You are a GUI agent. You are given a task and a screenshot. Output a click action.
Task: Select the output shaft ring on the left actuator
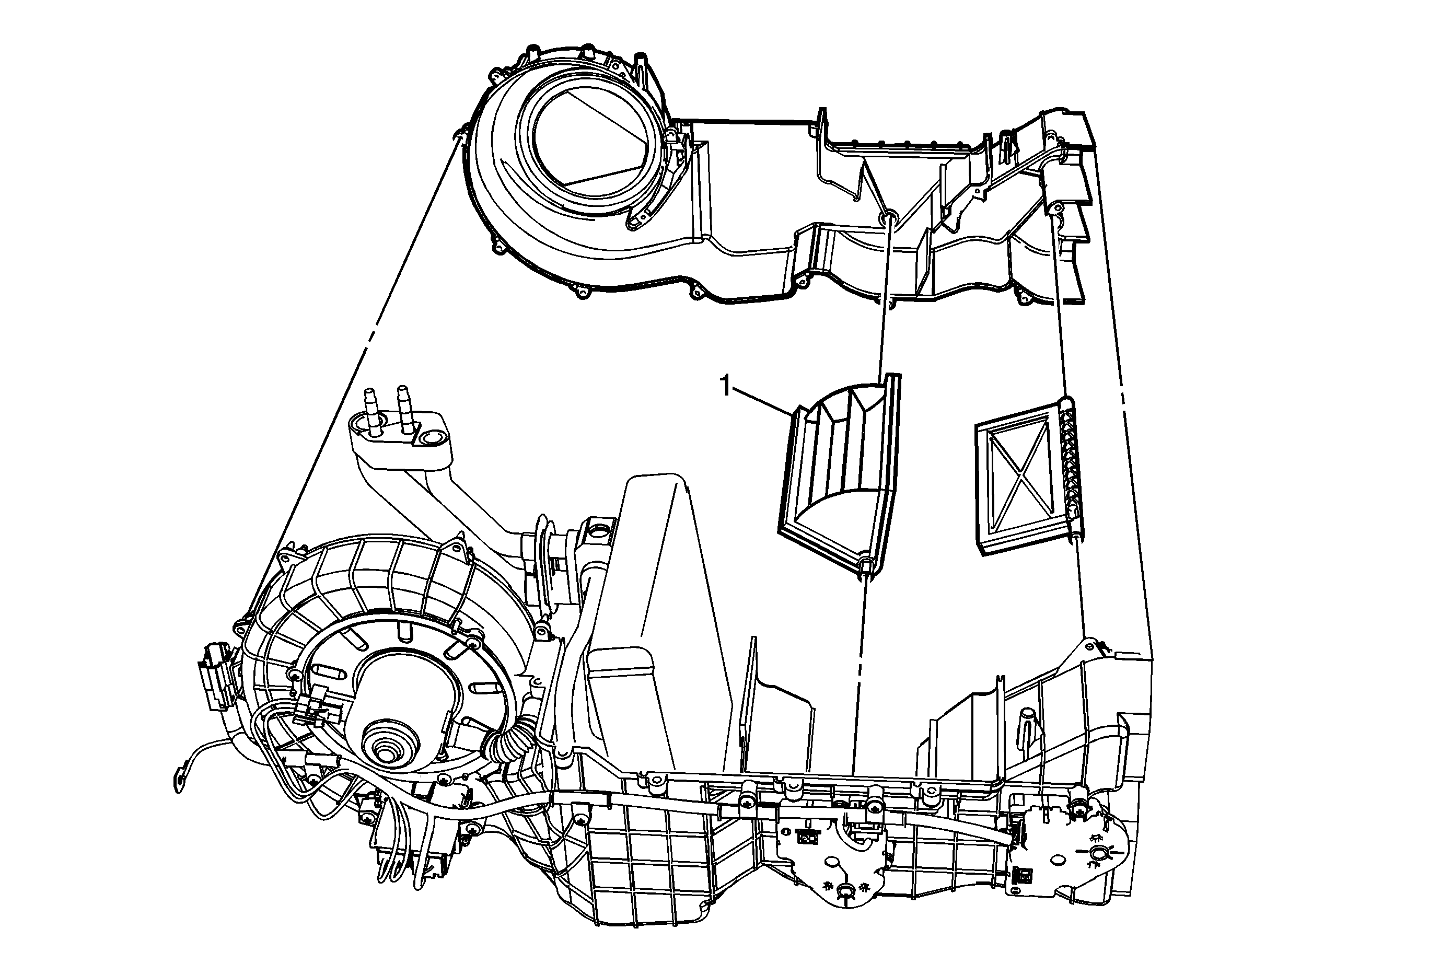click(x=843, y=891)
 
